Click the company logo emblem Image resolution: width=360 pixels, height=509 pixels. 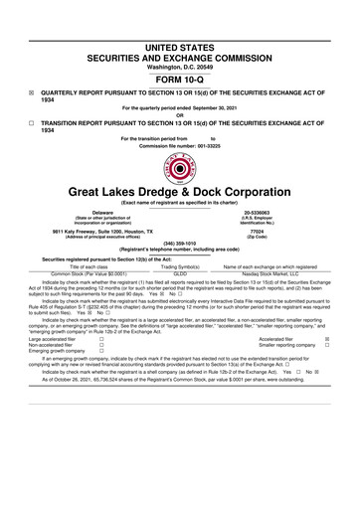(x=180, y=171)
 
